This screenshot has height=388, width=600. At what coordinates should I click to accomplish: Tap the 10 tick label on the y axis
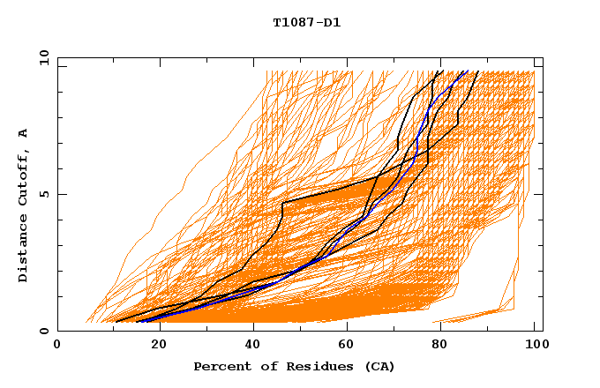pyautogui.click(x=41, y=57)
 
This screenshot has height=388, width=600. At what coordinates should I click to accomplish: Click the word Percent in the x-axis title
pyautogui.click(x=221, y=366)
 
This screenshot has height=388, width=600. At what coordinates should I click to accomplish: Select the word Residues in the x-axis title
pyautogui.click(x=315, y=366)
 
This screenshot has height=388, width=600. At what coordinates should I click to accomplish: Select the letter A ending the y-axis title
pyautogui.click(x=24, y=133)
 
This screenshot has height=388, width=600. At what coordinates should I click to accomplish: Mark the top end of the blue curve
pyautogui.click(x=466, y=71)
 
